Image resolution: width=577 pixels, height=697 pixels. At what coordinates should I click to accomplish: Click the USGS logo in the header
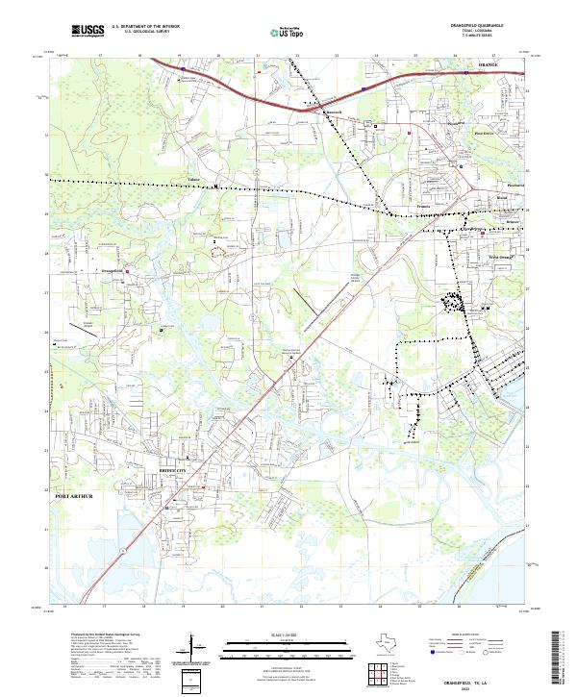[88, 31]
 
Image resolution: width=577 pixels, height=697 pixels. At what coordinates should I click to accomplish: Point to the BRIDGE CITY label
[171, 470]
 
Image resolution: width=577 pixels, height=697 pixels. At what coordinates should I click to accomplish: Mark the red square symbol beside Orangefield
[126, 270]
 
